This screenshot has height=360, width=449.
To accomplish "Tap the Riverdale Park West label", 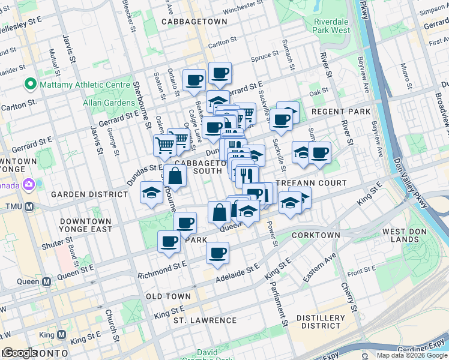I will (331, 25).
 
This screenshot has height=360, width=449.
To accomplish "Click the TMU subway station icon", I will (28, 206).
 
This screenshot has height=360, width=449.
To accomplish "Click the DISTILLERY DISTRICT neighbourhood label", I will (323, 322).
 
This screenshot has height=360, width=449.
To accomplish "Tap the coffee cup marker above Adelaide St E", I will (217, 252).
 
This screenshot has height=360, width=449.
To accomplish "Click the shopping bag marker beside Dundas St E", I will (175, 176).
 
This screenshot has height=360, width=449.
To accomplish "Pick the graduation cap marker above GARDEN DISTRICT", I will (151, 193).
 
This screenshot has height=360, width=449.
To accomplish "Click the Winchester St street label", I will (243, 10).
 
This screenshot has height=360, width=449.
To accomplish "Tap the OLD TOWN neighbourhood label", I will (169, 296).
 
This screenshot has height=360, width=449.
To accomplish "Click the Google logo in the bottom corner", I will (19, 353).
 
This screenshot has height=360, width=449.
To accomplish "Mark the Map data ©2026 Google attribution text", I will (411, 355).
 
